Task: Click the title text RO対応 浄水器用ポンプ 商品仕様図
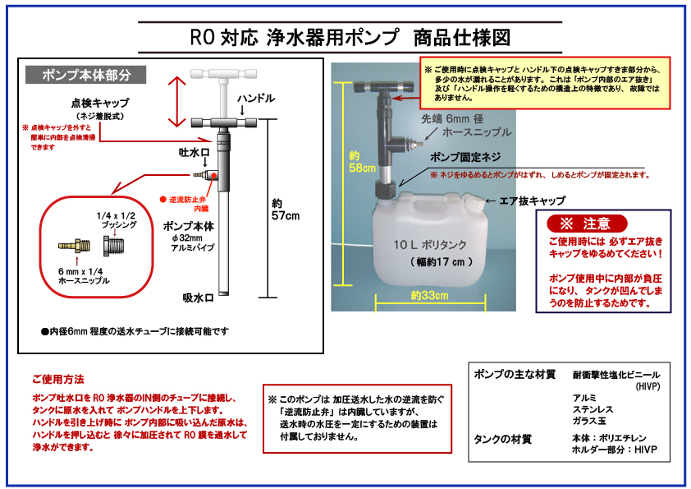coord(350,37)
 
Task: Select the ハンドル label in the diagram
coord(256,99)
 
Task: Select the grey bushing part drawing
coord(113,245)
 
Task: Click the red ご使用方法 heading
coord(57,381)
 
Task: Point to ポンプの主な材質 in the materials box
coord(515,375)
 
